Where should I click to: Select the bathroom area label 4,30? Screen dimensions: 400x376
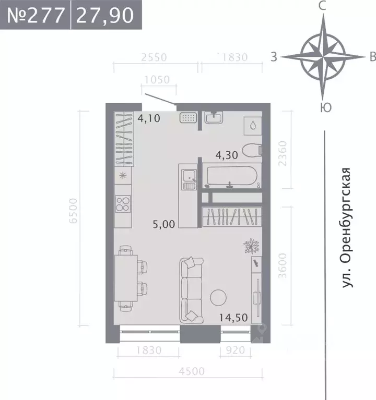[x=228, y=154]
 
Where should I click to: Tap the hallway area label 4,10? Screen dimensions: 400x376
[x=149, y=119]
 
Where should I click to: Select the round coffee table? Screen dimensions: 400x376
[x=218, y=298]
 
